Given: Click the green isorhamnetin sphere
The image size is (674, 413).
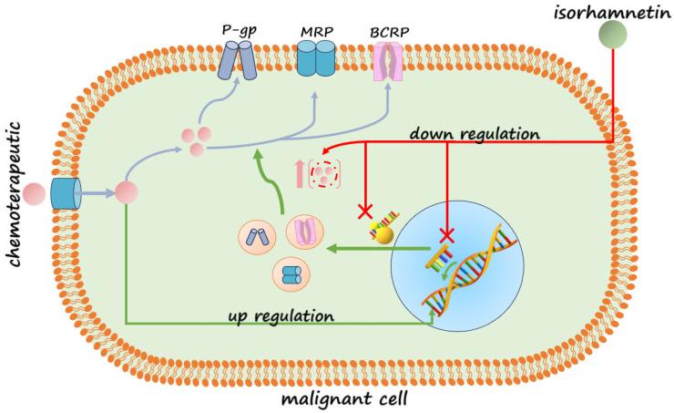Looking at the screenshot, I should pyautogui.click(x=614, y=36).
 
